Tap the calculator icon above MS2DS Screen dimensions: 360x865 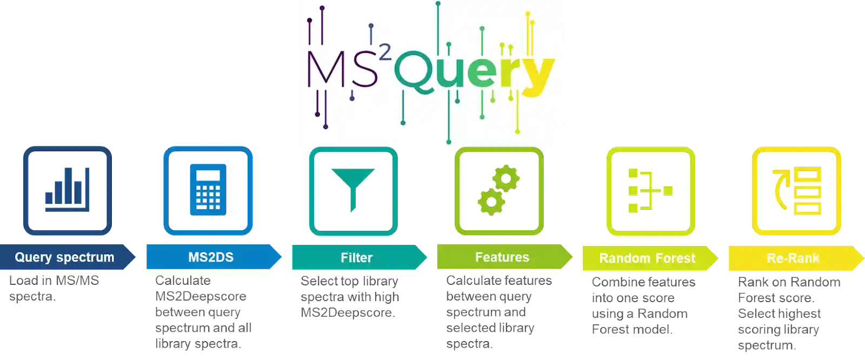pos(208,191)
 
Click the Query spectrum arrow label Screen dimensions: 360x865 pos(65,257)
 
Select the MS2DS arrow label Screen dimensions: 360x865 pos(211,257)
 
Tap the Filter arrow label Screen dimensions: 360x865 pos(357,258)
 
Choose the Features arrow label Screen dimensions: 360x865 pos(502,257)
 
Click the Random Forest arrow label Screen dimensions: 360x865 pos(647,258)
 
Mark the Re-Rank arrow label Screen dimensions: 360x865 pos(793,258)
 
